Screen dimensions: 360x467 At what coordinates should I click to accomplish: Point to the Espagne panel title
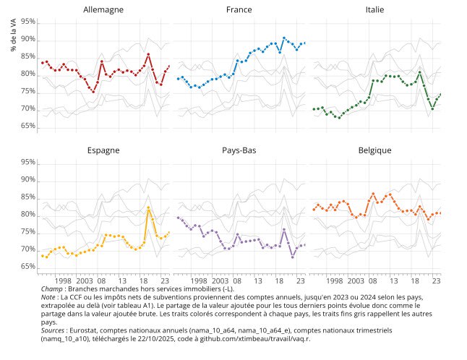coord(103,150)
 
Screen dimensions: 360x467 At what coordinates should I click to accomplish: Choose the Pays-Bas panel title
coord(239,150)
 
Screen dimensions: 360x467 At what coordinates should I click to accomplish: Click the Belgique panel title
coord(374,150)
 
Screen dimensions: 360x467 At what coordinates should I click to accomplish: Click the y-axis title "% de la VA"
coord(14,35)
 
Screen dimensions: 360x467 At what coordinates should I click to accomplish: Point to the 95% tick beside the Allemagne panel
coord(28,22)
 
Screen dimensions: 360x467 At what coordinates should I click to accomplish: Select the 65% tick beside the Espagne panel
coord(28,267)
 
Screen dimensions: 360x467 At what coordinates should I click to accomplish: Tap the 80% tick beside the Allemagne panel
coord(28,74)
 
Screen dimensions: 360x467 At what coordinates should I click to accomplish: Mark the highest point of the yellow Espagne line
coord(148,208)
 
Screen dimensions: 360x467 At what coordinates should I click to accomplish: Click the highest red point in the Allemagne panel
coord(148,54)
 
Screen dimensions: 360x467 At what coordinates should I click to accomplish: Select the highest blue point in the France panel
coord(284,38)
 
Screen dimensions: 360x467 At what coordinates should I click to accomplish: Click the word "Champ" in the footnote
coord(52,289)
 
